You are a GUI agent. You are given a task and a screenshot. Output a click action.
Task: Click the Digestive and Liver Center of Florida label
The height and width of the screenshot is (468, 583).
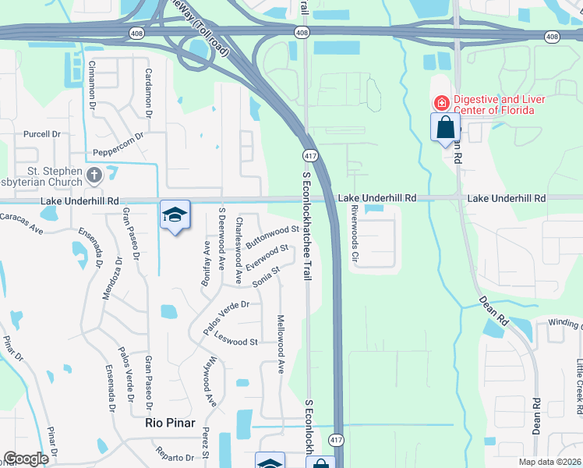[x=499, y=105]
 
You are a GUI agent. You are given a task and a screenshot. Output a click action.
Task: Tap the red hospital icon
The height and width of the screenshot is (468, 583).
[x=440, y=101]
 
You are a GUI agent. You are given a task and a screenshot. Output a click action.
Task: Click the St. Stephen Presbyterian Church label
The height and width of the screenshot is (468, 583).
[x=47, y=177]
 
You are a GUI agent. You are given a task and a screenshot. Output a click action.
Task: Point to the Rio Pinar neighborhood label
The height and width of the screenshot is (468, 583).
[x=169, y=423]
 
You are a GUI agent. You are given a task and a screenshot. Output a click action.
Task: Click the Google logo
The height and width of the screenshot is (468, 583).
[x=26, y=458]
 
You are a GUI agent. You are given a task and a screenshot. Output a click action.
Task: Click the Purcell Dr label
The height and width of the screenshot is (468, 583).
[x=41, y=134]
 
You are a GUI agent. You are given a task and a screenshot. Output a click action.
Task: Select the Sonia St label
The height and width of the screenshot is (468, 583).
[x=265, y=275]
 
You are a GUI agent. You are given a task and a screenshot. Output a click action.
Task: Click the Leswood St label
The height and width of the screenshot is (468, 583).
[x=235, y=341]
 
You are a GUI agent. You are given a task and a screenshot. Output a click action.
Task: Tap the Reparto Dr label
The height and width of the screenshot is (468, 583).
[x=175, y=457]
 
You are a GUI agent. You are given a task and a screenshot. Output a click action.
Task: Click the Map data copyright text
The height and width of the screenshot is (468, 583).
[x=550, y=461]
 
